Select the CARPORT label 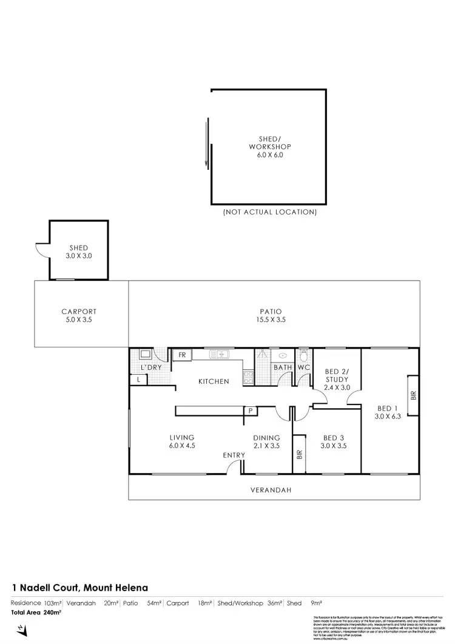(x=79, y=312)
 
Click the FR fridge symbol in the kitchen (x=181, y=355)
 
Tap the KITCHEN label (x=214, y=381)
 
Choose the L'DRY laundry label (x=149, y=368)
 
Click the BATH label (x=283, y=367)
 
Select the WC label (x=303, y=367)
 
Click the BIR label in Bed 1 (x=413, y=396)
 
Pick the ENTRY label (x=234, y=455)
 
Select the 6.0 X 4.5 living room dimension (x=182, y=446)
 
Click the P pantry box (x=249, y=411)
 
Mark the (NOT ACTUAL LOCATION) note (x=270, y=212)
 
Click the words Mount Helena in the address (x=116, y=587)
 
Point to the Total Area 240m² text (x=36, y=612)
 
